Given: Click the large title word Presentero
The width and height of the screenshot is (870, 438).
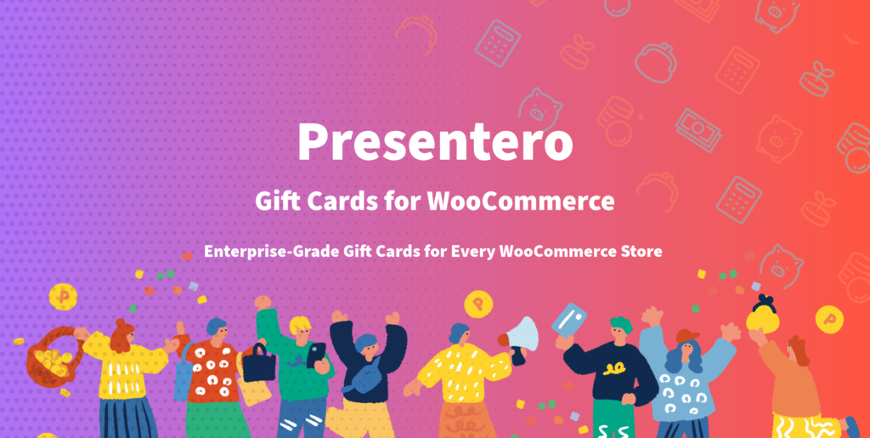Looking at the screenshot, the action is click(x=435, y=143).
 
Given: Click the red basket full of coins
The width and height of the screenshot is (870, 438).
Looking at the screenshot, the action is click(x=50, y=358).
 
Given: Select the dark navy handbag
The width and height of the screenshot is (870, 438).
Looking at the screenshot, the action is click(x=258, y=364).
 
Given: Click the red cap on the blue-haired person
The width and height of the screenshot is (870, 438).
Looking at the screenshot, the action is click(x=687, y=335).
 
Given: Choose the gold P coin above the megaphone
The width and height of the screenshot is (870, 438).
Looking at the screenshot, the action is click(x=478, y=304).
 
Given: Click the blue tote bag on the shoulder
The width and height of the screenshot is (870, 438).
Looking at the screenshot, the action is click(x=184, y=372).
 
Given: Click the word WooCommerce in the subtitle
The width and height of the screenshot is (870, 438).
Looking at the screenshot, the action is click(x=521, y=201).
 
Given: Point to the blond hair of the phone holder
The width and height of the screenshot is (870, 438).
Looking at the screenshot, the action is click(x=300, y=324).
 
